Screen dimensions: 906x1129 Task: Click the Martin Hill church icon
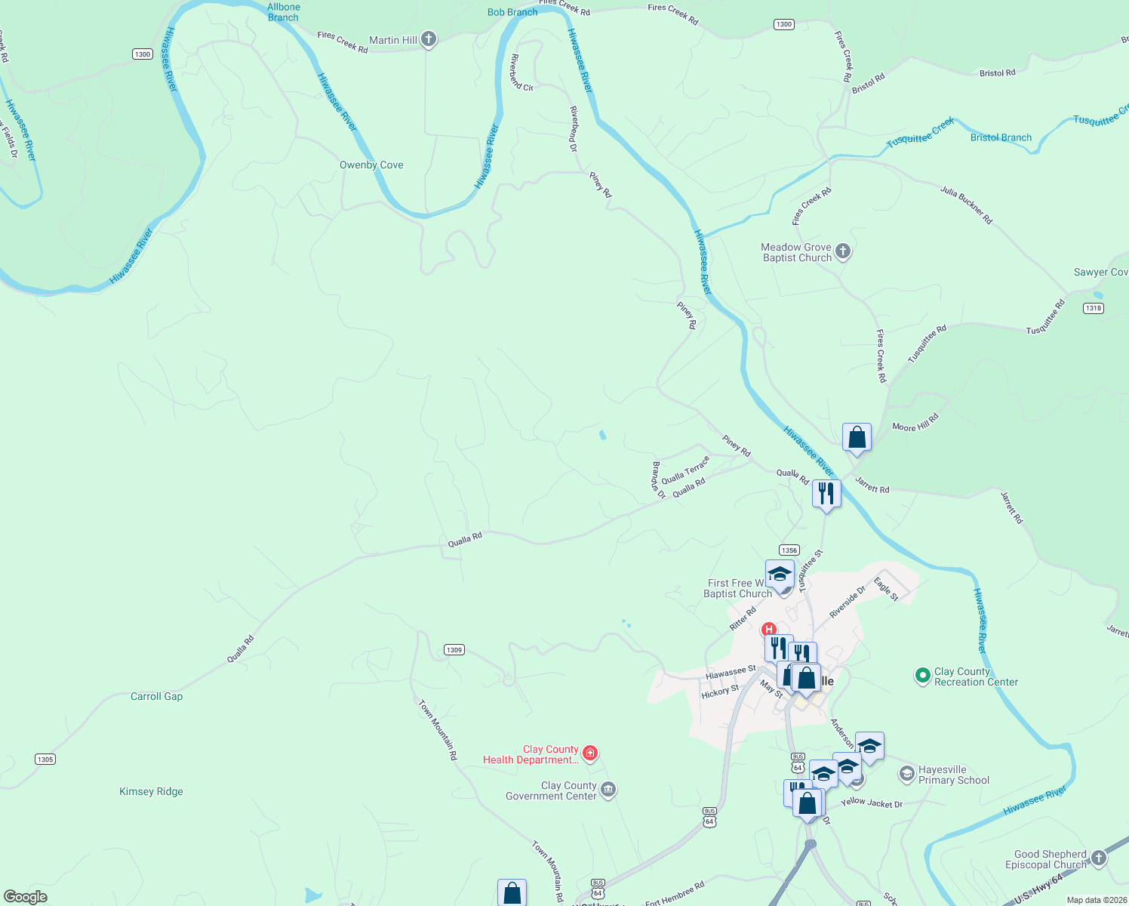pos(429,39)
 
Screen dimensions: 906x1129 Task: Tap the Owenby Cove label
pos(371,165)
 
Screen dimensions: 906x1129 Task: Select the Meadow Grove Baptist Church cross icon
pos(844,251)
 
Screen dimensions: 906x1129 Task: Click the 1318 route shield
pos(1093,308)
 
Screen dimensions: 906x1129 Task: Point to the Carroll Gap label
pos(156,696)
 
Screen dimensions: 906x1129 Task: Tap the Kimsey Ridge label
pos(151,791)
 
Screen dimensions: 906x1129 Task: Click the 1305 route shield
pos(45,760)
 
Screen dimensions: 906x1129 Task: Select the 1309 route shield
pos(454,650)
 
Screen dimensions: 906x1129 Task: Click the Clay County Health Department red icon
pos(591,753)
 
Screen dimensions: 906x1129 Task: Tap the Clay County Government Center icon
pos(608,790)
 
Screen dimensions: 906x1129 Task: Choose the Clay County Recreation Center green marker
pos(922,676)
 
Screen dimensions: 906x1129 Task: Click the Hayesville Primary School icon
pos(906,774)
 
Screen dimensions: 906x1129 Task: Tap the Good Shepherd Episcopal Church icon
pos(1099,858)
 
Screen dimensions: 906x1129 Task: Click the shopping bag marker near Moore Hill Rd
pos(857,437)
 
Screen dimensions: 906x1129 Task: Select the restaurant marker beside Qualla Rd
pos(826,494)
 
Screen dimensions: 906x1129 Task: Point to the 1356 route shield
pos(789,550)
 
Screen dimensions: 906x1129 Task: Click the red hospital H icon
pos(768,629)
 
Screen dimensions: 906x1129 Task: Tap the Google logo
pos(26,897)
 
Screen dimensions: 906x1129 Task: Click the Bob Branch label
pos(512,12)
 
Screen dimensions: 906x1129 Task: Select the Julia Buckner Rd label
pos(966,205)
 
